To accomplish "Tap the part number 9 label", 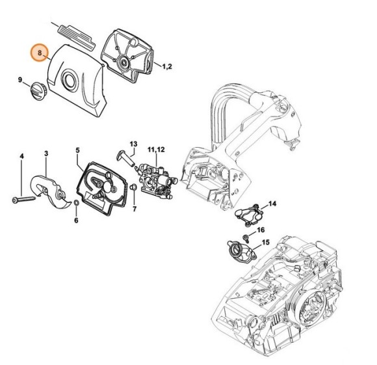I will [20, 80].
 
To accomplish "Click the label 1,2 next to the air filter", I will [166, 66].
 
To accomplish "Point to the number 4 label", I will [21, 156].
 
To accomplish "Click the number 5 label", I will [77, 151].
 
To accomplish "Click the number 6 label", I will [76, 221].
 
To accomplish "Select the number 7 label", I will [135, 210].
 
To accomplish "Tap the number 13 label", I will [133, 143].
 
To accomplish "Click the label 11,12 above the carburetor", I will [156, 150].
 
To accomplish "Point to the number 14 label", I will [272, 204].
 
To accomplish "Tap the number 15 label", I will [265, 243].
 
